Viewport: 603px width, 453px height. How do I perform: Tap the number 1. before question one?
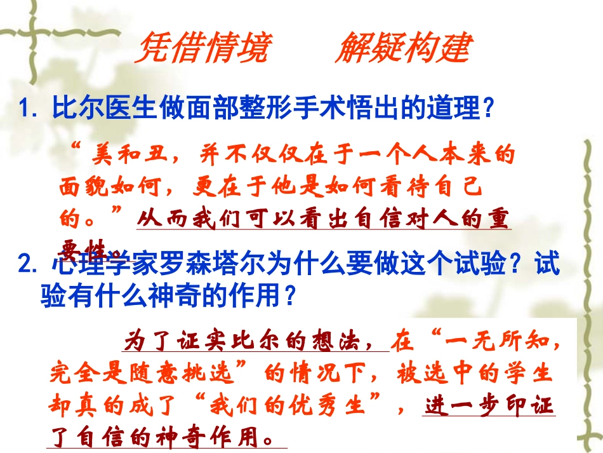[x=31, y=109]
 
